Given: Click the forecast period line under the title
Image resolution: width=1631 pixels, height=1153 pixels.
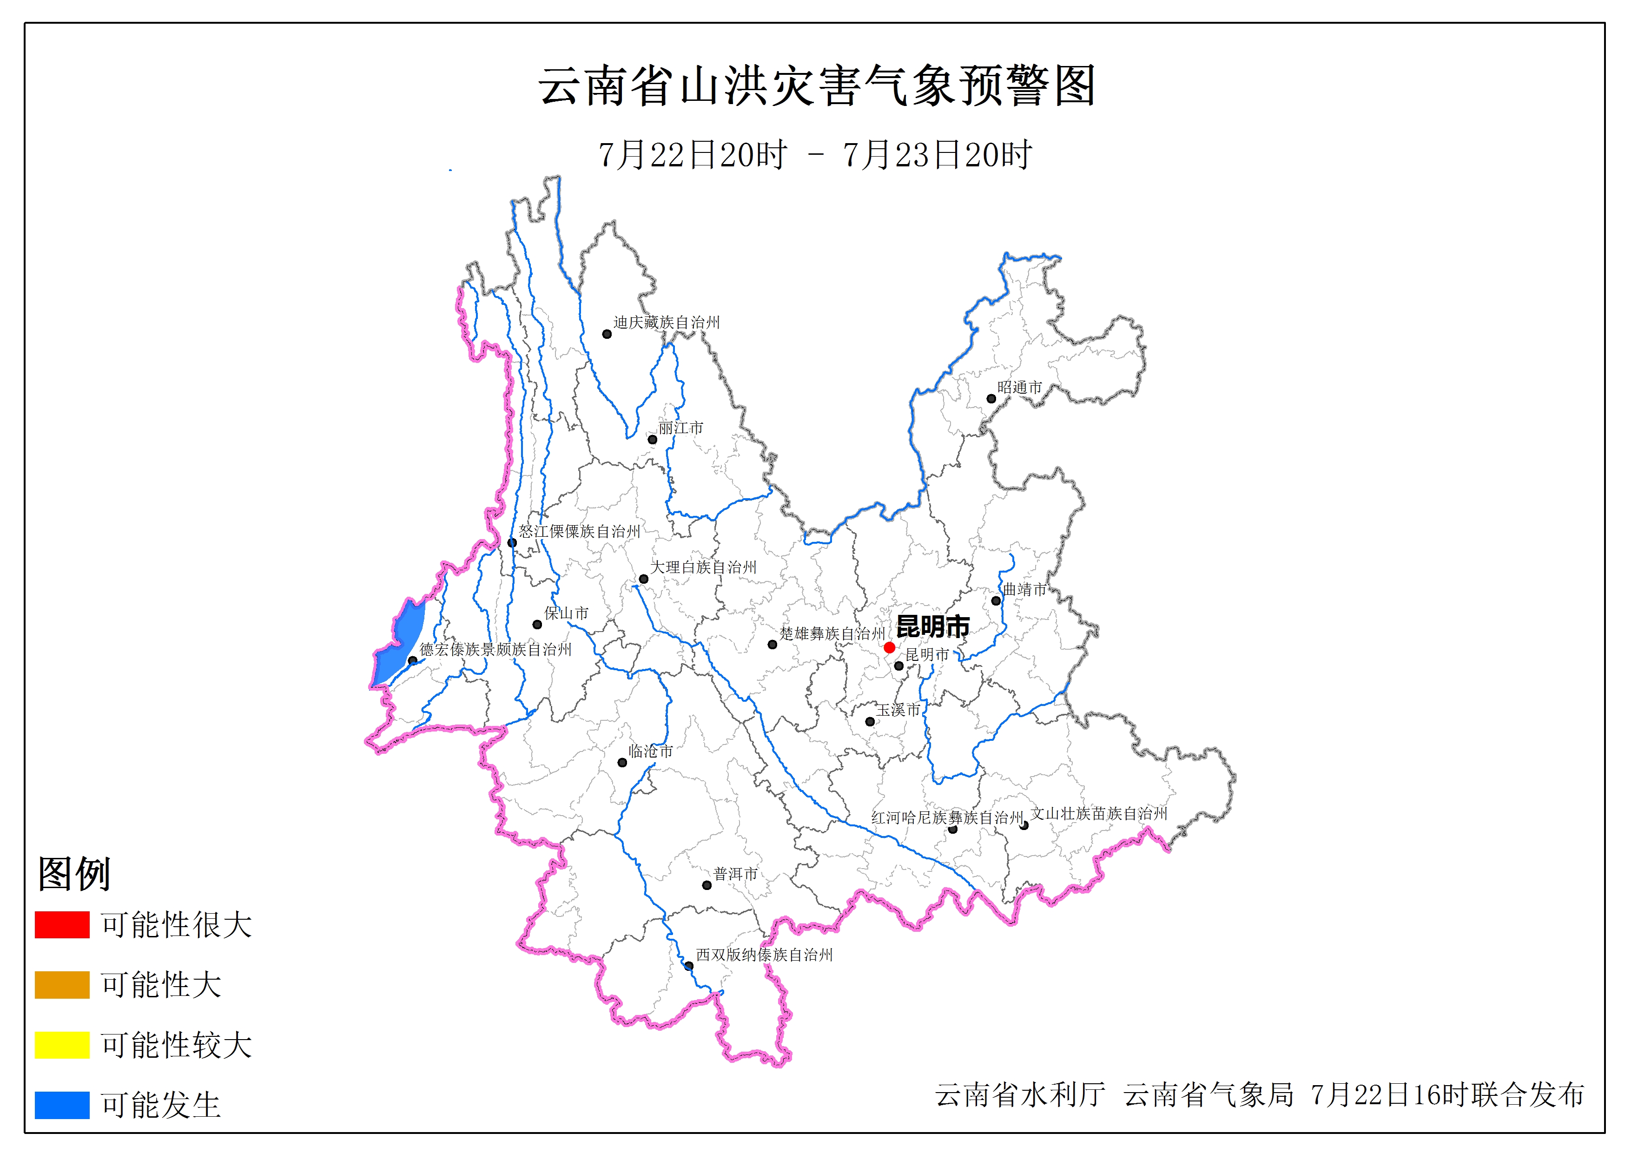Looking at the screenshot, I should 815,155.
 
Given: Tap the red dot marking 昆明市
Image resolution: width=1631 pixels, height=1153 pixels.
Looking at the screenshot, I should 889,647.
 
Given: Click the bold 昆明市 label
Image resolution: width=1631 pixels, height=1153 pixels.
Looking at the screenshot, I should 933,626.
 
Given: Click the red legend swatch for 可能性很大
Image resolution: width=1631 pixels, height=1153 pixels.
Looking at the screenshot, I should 62,924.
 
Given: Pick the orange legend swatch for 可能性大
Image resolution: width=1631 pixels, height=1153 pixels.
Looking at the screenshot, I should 62,985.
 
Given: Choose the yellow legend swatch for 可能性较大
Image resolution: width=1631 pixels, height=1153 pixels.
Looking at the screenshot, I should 62,1044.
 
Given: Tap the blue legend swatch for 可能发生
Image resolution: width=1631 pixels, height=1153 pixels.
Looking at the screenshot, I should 62,1105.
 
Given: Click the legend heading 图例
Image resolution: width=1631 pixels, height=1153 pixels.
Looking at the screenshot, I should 74,873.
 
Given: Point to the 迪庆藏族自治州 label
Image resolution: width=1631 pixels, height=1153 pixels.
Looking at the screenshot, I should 667,323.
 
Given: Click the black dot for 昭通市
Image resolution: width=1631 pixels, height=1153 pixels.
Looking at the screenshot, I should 991,399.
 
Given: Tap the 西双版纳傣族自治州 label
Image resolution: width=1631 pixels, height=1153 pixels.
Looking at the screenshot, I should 764,955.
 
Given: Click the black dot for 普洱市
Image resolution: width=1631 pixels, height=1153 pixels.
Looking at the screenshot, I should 707,885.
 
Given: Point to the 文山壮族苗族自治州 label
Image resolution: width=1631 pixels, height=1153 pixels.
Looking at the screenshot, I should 1099,813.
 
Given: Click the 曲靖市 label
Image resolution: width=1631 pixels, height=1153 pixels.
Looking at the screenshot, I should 1024,589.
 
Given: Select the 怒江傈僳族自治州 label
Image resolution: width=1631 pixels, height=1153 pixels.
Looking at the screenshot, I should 579,531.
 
